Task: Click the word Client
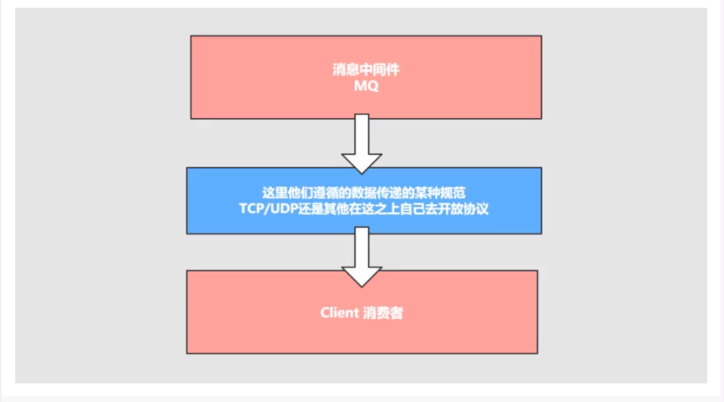[x=339, y=313]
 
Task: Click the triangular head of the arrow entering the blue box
[x=362, y=162]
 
